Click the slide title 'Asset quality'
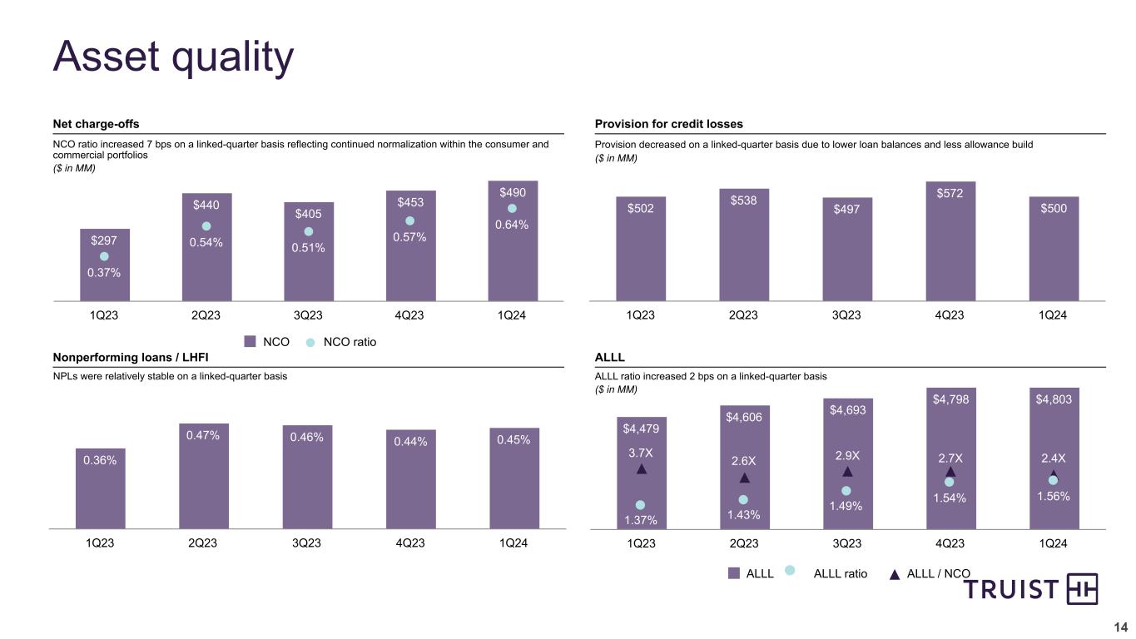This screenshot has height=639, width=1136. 173,57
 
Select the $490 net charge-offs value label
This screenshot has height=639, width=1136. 513,192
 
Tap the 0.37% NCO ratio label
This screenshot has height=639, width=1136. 105,273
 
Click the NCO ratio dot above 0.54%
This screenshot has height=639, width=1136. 206,226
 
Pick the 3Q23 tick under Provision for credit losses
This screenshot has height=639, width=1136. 846,315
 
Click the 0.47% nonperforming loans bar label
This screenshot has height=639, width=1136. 203,435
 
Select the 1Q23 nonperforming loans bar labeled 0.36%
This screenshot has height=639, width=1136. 100,488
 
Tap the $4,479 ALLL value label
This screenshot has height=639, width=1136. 640,428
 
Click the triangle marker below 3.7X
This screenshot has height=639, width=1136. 641,469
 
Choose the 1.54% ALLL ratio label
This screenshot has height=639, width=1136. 950,497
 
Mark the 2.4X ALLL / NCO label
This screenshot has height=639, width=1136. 1053,458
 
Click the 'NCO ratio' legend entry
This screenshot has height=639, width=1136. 341,341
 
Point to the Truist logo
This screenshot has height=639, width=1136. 1031,589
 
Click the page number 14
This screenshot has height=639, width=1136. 1120,627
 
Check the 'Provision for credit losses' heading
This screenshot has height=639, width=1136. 668,124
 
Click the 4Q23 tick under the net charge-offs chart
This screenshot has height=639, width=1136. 410,315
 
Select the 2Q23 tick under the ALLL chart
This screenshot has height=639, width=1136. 743,543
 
